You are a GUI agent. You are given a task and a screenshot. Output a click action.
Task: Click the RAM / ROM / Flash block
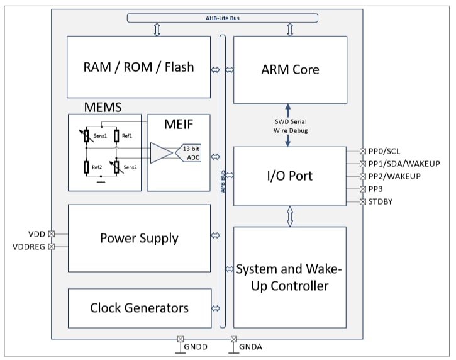138,67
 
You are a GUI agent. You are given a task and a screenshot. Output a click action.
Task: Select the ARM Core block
290,69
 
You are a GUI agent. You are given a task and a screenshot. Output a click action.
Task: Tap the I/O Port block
290,176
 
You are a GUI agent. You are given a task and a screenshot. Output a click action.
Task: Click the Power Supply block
138,238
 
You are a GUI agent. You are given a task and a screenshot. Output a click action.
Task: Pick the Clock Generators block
138,308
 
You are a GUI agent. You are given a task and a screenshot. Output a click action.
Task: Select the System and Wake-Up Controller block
290,278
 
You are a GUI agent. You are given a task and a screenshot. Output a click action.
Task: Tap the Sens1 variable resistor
87,137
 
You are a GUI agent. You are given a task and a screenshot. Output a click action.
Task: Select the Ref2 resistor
87,167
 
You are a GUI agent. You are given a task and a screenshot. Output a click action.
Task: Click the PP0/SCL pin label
385,151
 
